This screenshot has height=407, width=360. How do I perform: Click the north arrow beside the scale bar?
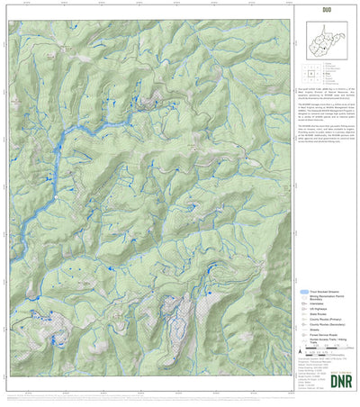(300, 352)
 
